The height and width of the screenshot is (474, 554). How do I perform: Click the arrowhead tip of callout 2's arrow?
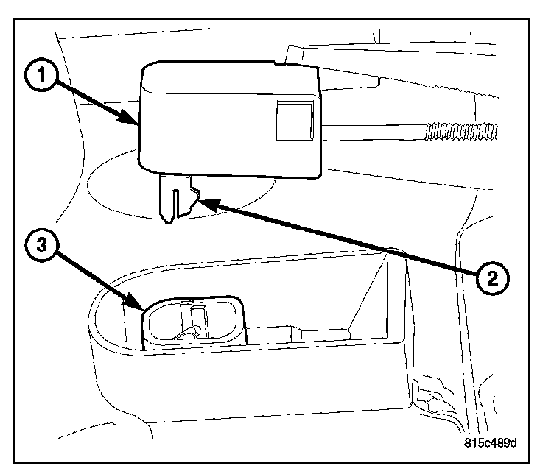point(198,199)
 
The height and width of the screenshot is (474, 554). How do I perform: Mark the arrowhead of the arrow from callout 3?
point(141,307)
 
